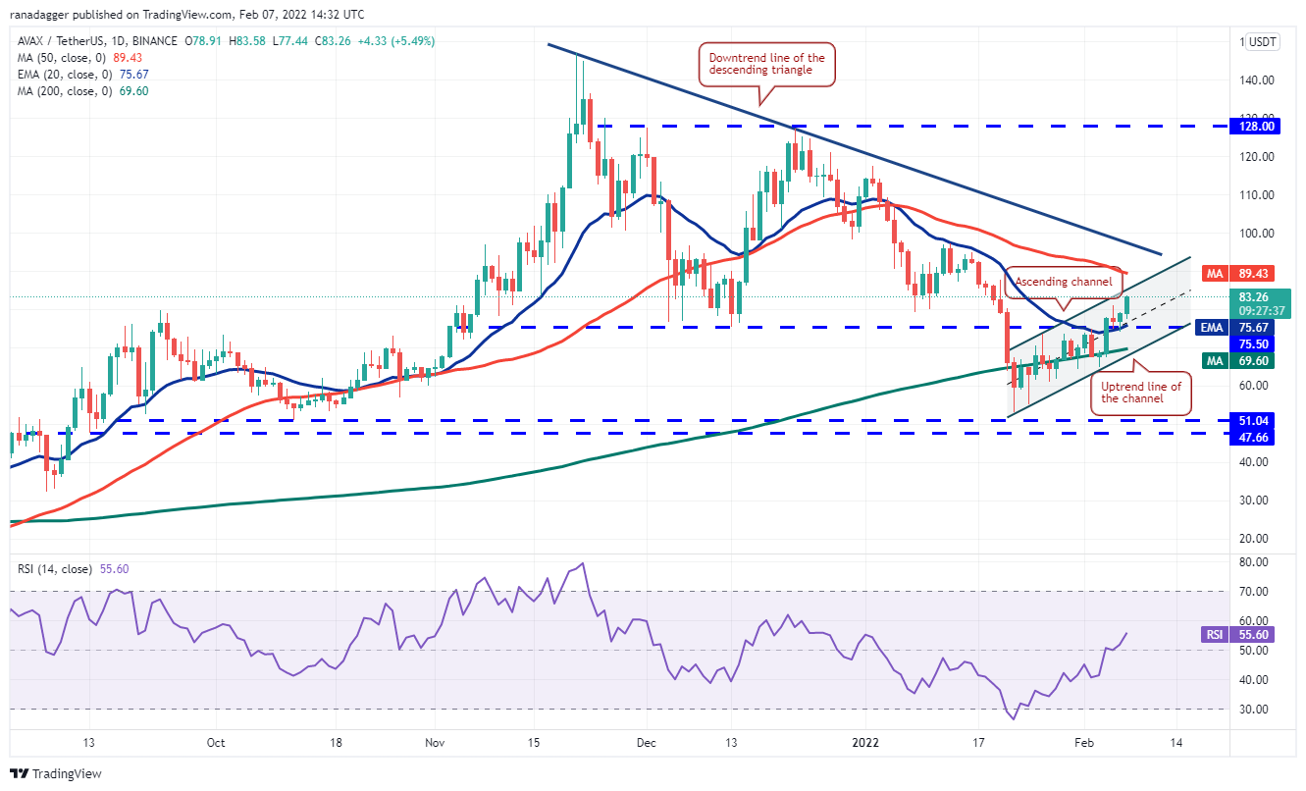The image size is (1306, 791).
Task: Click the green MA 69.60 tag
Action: pos(1249,362)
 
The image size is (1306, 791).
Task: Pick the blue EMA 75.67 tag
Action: pos(1249,328)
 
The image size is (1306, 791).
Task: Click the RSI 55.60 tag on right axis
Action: pos(1249,635)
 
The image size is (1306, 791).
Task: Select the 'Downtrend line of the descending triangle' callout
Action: pos(766,65)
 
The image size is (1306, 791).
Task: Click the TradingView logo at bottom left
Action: pos(57,773)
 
